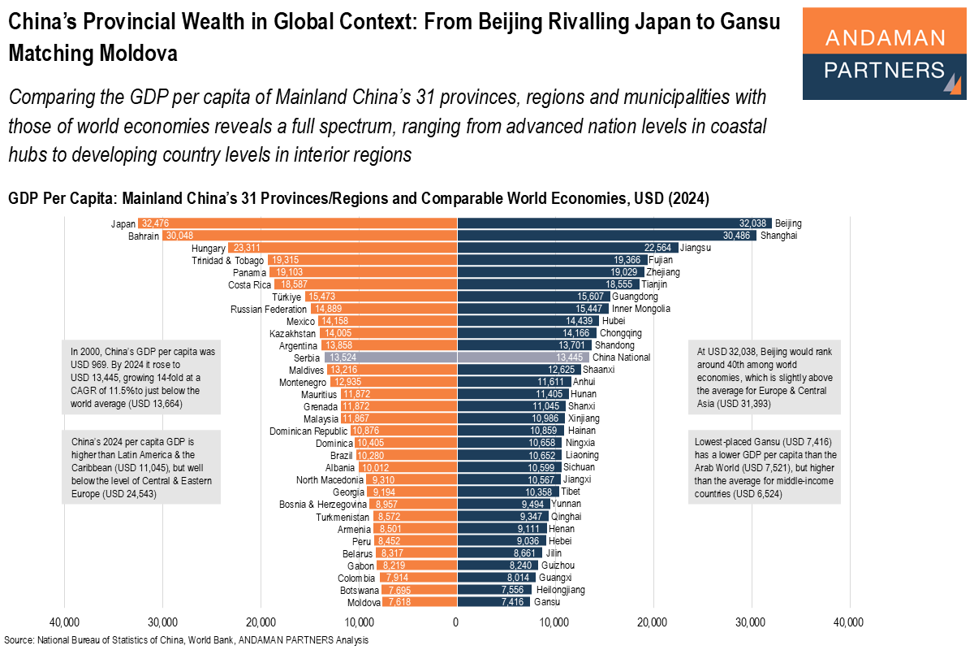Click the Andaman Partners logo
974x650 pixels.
(x=883, y=54)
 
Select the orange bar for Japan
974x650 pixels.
(x=297, y=223)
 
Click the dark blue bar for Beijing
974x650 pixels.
(x=614, y=223)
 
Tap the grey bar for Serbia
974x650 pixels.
(x=390, y=357)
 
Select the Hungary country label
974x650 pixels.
(x=207, y=248)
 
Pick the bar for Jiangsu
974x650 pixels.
(x=567, y=248)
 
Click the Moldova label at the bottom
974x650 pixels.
(x=363, y=602)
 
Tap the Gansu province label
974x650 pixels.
(x=546, y=602)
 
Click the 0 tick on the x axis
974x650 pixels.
(x=457, y=622)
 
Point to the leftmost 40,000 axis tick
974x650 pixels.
(x=64, y=622)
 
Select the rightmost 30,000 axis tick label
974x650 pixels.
(x=752, y=622)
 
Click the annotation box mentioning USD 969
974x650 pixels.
(x=142, y=377)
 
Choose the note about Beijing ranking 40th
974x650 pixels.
(x=765, y=377)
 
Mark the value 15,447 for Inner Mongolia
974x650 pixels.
(x=591, y=309)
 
